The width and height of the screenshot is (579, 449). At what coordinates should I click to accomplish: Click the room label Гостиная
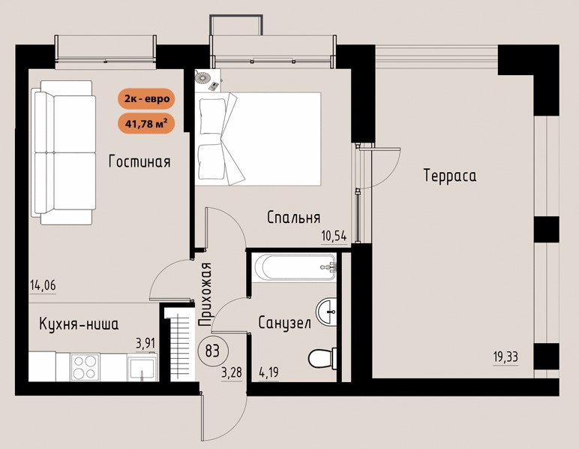(139, 161)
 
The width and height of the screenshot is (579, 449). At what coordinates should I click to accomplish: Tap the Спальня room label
(293, 218)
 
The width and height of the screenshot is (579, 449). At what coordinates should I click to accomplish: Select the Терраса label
(450, 175)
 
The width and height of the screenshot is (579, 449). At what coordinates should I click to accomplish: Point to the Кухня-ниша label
(79, 324)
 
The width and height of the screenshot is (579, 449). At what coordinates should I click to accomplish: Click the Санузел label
(284, 323)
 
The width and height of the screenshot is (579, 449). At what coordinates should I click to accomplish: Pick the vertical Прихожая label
(205, 294)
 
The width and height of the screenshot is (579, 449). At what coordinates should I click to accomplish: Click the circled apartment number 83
(212, 351)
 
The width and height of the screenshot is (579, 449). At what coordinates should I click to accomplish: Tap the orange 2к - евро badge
(146, 98)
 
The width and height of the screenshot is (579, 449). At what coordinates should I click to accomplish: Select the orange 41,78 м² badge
(146, 123)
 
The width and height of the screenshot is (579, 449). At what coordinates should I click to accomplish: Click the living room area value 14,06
(43, 285)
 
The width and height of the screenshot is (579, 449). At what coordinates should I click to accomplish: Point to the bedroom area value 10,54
(334, 237)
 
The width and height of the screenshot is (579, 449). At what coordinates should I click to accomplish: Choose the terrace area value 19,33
(505, 357)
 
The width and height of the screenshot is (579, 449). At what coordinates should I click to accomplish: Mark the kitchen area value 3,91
(145, 343)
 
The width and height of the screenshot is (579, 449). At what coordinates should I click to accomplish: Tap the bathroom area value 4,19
(268, 372)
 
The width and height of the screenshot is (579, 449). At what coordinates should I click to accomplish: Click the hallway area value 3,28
(232, 372)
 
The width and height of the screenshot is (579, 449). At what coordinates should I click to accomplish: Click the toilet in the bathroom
(322, 358)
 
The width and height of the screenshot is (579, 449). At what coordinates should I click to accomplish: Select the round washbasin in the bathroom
(326, 312)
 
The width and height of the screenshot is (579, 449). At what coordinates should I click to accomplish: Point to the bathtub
(294, 267)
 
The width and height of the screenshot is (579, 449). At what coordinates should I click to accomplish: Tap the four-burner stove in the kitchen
(85, 367)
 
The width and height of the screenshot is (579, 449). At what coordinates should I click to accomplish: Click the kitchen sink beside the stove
(142, 367)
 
